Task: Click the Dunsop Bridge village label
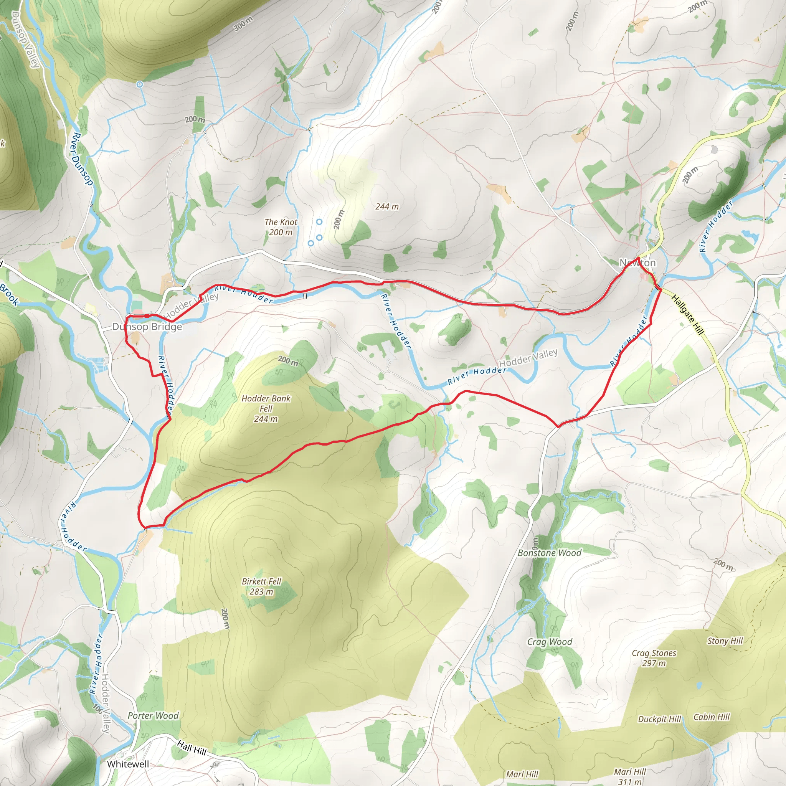(147, 327)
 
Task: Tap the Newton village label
(637, 263)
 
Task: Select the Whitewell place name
(128, 764)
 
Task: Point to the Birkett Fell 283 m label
(261, 586)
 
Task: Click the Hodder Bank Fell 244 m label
(266, 408)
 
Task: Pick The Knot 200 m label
(281, 227)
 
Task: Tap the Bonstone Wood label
(549, 553)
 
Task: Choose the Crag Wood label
(549, 642)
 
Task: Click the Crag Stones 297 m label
(654, 658)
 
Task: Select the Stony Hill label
(725, 641)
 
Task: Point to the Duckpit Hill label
(659, 719)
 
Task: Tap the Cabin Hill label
(712, 717)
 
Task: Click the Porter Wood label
(153, 716)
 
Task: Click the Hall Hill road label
(192, 747)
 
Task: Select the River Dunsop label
(83, 159)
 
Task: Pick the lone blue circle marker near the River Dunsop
(140, 84)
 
